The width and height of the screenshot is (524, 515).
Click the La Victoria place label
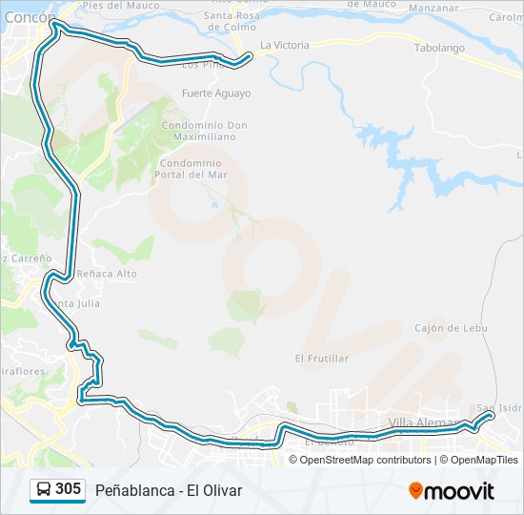click(284, 45)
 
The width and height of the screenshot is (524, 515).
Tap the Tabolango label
click(438, 47)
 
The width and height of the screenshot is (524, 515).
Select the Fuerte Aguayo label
click(216, 93)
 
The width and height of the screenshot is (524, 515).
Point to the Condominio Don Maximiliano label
click(204, 131)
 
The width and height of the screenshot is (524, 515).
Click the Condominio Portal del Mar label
click(193, 169)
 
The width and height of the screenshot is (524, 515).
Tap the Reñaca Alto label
click(107, 274)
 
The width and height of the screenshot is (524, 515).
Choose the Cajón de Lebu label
click(451, 328)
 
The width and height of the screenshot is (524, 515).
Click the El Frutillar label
click(321, 359)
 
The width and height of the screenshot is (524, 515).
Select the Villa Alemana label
click(425, 422)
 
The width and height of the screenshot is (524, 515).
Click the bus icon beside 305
click(44, 490)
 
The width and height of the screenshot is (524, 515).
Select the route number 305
click(68, 489)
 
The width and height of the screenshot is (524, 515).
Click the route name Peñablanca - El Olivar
click(169, 490)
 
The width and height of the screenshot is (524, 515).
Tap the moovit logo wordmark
click(460, 491)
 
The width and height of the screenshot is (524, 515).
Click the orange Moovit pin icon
click(415, 491)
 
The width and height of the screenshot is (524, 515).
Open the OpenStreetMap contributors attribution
click(365, 460)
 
